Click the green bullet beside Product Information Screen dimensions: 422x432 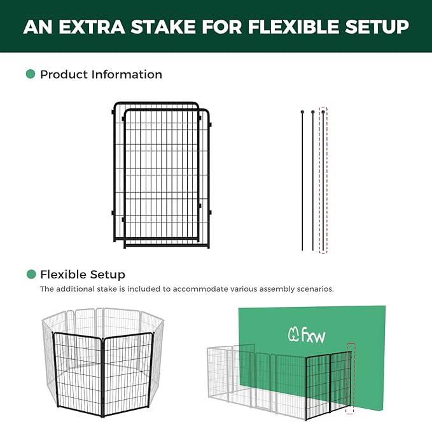pyautogui.click(x=31, y=74)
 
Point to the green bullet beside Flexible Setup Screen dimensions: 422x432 pyautogui.click(x=31, y=275)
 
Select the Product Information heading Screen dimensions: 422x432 pyautogui.click(x=101, y=74)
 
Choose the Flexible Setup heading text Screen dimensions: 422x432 pyautogui.click(x=82, y=275)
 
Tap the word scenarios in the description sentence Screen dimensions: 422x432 pyautogui.click(x=311, y=289)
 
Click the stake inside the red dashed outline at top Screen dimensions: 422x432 pyautogui.click(x=323, y=181)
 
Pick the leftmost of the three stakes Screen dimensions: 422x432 pyautogui.click(x=302, y=181)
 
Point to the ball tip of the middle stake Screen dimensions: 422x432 pyautogui.click(x=313, y=112)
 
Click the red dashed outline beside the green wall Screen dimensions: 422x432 pyautogui.click(x=349, y=375)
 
